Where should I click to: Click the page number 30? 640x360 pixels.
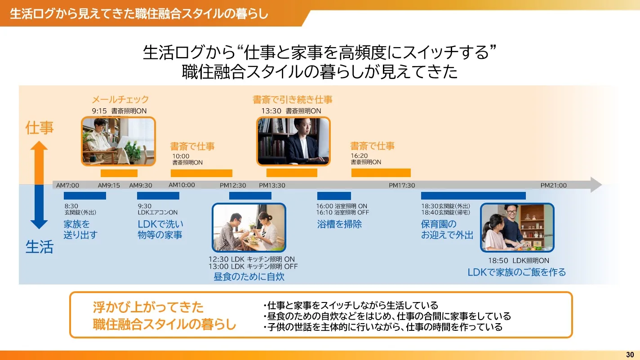click(630, 355)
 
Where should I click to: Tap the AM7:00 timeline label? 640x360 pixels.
click(67, 186)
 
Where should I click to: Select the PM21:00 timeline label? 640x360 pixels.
click(553, 186)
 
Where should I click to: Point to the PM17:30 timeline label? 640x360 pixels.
click(402, 186)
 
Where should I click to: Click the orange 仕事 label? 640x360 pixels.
click(40, 128)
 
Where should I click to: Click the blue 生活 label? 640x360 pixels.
click(40, 247)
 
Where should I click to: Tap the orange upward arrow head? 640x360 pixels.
click(39, 146)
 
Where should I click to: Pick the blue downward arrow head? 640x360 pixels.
click(39, 225)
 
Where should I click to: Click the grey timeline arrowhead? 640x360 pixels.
click(596, 185)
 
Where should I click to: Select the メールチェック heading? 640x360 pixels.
click(120, 99)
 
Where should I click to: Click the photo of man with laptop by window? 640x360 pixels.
click(119, 141)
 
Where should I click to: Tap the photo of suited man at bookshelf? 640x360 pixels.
click(293, 141)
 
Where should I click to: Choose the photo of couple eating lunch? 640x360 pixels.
click(249, 227)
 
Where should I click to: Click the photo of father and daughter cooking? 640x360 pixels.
click(517, 227)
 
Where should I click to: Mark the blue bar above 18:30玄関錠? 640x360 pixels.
click(473, 196)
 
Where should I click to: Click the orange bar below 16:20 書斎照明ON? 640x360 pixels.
click(381, 173)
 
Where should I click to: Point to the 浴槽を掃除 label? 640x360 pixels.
click(339, 224)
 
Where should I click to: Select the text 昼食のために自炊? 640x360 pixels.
click(249, 276)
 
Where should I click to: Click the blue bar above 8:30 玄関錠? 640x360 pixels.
click(85, 196)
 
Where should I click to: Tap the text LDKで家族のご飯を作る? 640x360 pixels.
click(516, 272)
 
